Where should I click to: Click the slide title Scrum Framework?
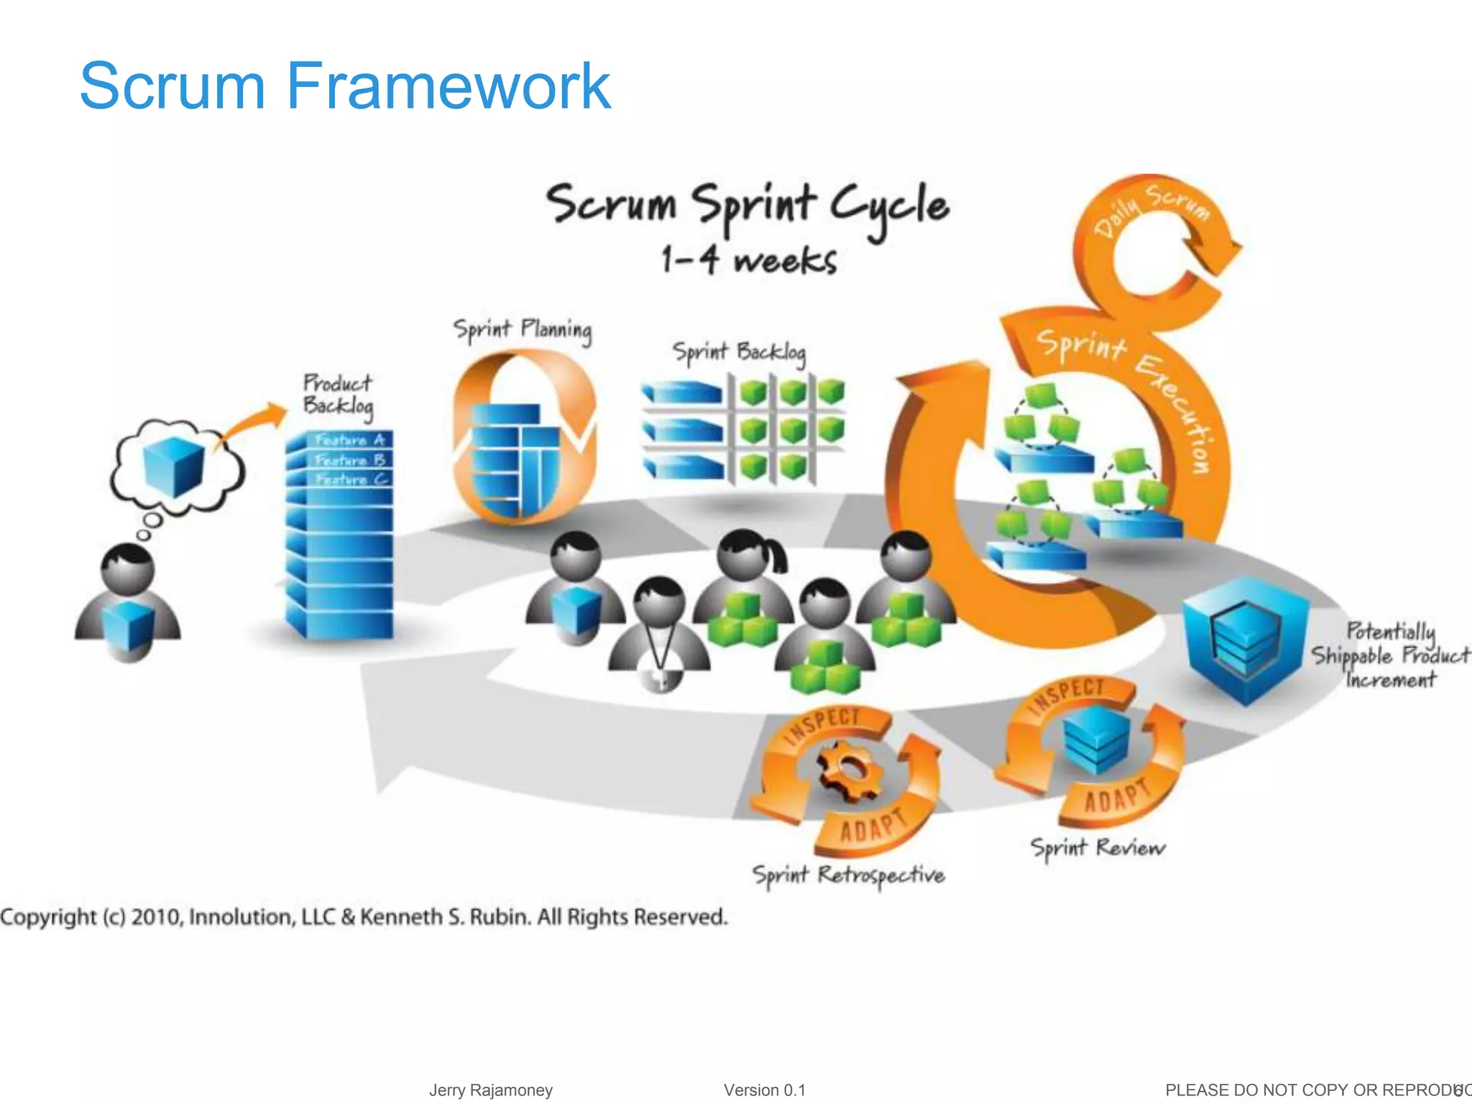point(345,86)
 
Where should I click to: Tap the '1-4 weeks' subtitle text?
point(749,260)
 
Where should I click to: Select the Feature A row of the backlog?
point(350,439)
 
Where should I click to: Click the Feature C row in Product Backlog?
point(351,479)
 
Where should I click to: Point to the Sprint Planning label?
point(523,330)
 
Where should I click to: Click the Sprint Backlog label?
point(739,352)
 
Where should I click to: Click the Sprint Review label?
point(1098,848)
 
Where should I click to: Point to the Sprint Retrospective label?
point(848,875)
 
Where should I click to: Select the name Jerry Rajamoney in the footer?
point(491,1090)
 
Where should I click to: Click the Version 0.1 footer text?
point(764,1090)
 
